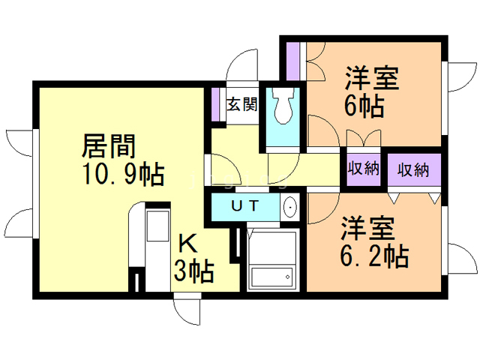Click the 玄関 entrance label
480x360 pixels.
click(242, 104)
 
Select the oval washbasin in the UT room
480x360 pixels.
click(290, 207)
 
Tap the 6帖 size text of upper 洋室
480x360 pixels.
click(365, 105)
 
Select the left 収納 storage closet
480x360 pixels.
click(364, 169)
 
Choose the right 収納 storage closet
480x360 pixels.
click(413, 169)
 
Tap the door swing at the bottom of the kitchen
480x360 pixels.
click(187, 307)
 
